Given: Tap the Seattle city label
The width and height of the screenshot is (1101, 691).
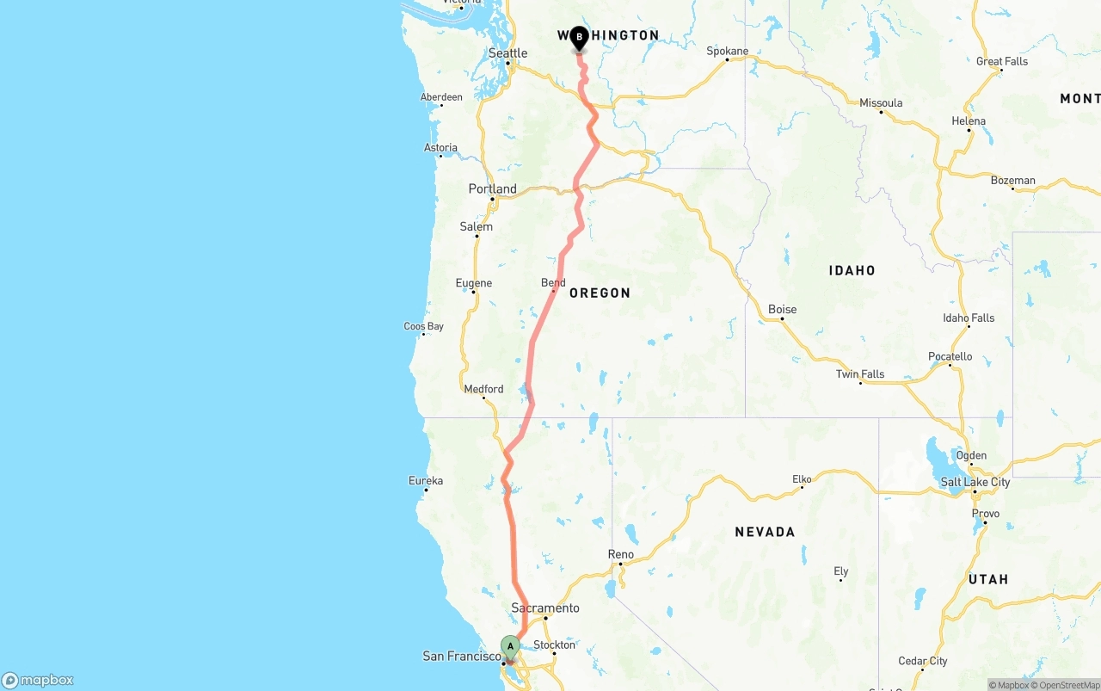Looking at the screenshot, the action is point(507,53).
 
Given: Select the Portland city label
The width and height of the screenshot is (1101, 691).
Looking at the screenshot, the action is point(492,189).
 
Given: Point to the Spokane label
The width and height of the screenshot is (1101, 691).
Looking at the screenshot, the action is point(727,52).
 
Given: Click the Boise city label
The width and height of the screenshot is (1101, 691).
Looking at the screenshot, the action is point(782,310).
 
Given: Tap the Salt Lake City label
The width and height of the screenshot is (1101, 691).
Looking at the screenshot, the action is point(975,482).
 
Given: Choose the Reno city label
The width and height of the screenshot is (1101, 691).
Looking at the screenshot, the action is point(620,555).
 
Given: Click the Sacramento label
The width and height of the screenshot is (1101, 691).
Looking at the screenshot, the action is point(544,608).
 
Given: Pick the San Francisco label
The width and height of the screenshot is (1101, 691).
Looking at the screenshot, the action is point(461,657).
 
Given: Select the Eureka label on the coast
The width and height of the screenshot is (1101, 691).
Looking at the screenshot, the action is point(426,480).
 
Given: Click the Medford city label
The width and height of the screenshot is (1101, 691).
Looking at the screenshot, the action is point(483,390).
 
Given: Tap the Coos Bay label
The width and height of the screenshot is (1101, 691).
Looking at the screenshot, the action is point(423,327).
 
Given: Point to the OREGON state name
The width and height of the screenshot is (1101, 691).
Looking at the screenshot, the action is point(600,293).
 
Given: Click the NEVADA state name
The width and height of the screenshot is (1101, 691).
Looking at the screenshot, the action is point(765,533).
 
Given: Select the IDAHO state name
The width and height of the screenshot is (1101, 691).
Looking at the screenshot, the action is point(852,271).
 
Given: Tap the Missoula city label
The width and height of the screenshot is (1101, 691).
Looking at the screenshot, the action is point(881,103).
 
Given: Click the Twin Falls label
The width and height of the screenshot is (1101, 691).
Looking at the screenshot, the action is point(859,374).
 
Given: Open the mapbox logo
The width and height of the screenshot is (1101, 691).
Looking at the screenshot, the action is point(38,681).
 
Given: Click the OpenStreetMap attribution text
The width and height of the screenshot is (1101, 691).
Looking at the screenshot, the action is point(1068,686).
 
